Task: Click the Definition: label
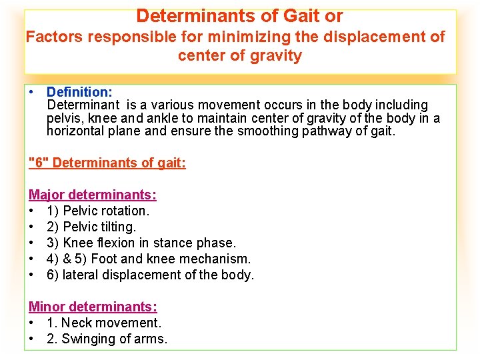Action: (x=79, y=91)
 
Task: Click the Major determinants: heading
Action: (x=93, y=195)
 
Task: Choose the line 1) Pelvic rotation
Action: (x=98, y=211)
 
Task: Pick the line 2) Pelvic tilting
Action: (x=91, y=227)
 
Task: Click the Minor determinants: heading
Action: (x=93, y=307)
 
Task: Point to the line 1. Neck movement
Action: (x=104, y=323)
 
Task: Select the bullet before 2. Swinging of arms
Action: (x=32, y=339)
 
